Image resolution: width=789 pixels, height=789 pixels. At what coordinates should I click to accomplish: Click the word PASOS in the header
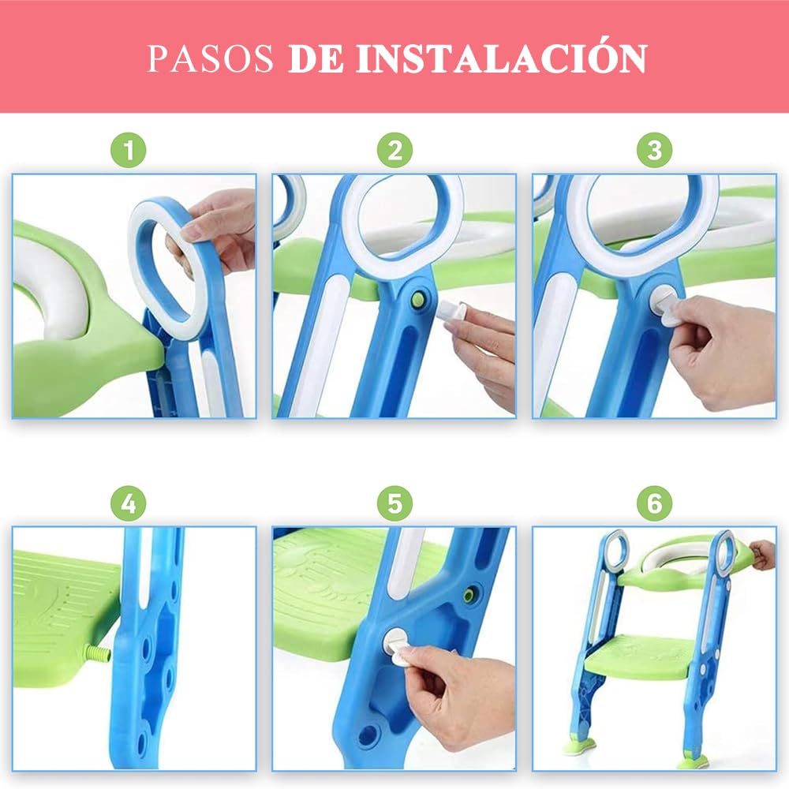point(210,58)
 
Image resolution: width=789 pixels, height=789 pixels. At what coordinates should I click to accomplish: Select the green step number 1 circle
point(129,150)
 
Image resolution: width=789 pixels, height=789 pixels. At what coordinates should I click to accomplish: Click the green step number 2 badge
point(395,150)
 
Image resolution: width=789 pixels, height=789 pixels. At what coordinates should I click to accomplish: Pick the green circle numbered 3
point(654,150)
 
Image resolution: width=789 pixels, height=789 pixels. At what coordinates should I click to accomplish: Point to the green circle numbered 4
point(129,503)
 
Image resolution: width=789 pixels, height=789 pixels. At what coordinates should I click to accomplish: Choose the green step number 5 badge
point(395,503)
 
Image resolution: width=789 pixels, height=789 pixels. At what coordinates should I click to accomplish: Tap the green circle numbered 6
point(654,503)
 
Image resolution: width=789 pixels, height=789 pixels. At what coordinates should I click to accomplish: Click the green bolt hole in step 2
point(418,299)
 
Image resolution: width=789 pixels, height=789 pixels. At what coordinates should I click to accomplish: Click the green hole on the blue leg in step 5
point(471,593)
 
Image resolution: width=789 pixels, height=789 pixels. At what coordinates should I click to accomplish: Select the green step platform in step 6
point(639,653)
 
